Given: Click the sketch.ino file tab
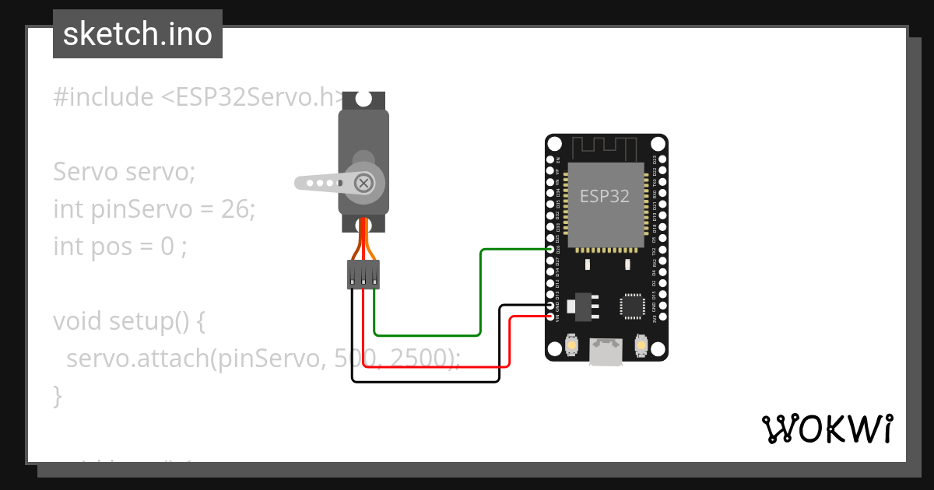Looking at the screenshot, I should (x=137, y=34).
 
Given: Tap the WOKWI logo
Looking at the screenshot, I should (x=827, y=429).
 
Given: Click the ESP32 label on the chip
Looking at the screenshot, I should (x=605, y=196).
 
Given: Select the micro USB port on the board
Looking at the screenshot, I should (x=606, y=352).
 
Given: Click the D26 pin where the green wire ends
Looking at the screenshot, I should (x=552, y=249).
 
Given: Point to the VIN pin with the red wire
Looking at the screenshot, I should (x=552, y=317).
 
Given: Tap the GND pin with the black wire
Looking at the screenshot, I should (x=552, y=306).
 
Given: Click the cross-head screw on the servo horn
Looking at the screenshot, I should (x=363, y=183).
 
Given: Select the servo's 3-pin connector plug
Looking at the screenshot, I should (x=363, y=274).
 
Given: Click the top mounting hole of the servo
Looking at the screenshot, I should (x=363, y=100).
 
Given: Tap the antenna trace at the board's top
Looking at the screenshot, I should (x=606, y=146).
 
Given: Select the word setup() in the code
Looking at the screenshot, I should (x=150, y=320).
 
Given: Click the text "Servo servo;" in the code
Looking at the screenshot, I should (x=125, y=172).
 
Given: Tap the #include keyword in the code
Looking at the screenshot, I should (x=104, y=97).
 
